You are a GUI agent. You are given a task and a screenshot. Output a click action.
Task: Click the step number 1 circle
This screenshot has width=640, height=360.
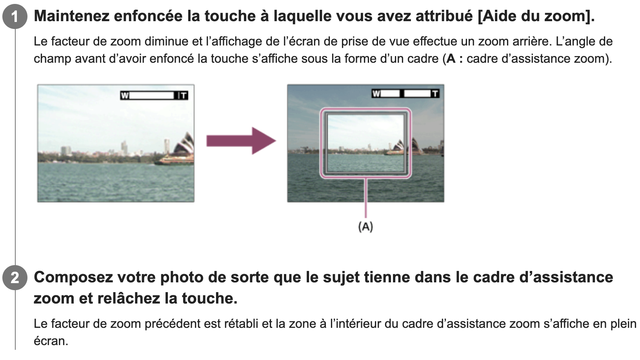click(x=15, y=16)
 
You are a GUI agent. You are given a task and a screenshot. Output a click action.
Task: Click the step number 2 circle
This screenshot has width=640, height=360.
click(x=15, y=277)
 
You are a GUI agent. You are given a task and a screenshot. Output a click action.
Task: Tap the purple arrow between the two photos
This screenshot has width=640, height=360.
click(x=241, y=141)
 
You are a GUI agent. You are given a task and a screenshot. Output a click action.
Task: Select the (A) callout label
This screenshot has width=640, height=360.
click(x=365, y=227)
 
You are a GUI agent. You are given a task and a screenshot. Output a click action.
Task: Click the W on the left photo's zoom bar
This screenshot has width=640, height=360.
click(x=125, y=95)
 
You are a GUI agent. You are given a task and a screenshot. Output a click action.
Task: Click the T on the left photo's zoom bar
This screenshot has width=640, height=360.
click(x=184, y=95)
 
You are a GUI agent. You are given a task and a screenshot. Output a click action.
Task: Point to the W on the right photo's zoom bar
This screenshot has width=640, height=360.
click(x=376, y=93)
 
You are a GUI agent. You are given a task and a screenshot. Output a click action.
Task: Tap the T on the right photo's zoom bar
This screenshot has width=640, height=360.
click(x=435, y=93)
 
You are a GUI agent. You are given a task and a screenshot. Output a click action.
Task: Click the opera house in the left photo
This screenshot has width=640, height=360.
click(x=184, y=144)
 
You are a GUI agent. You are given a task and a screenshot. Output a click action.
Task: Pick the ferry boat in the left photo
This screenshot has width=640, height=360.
click(x=174, y=160)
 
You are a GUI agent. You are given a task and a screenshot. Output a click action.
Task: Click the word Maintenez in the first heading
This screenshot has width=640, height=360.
click(x=71, y=16)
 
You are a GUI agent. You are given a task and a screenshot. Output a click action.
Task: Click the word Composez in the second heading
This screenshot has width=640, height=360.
click(x=73, y=277)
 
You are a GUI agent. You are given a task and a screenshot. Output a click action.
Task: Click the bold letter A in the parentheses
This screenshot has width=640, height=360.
click(x=451, y=59)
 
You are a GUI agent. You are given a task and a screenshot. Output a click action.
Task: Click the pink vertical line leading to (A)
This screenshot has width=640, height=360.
click(x=365, y=198)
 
